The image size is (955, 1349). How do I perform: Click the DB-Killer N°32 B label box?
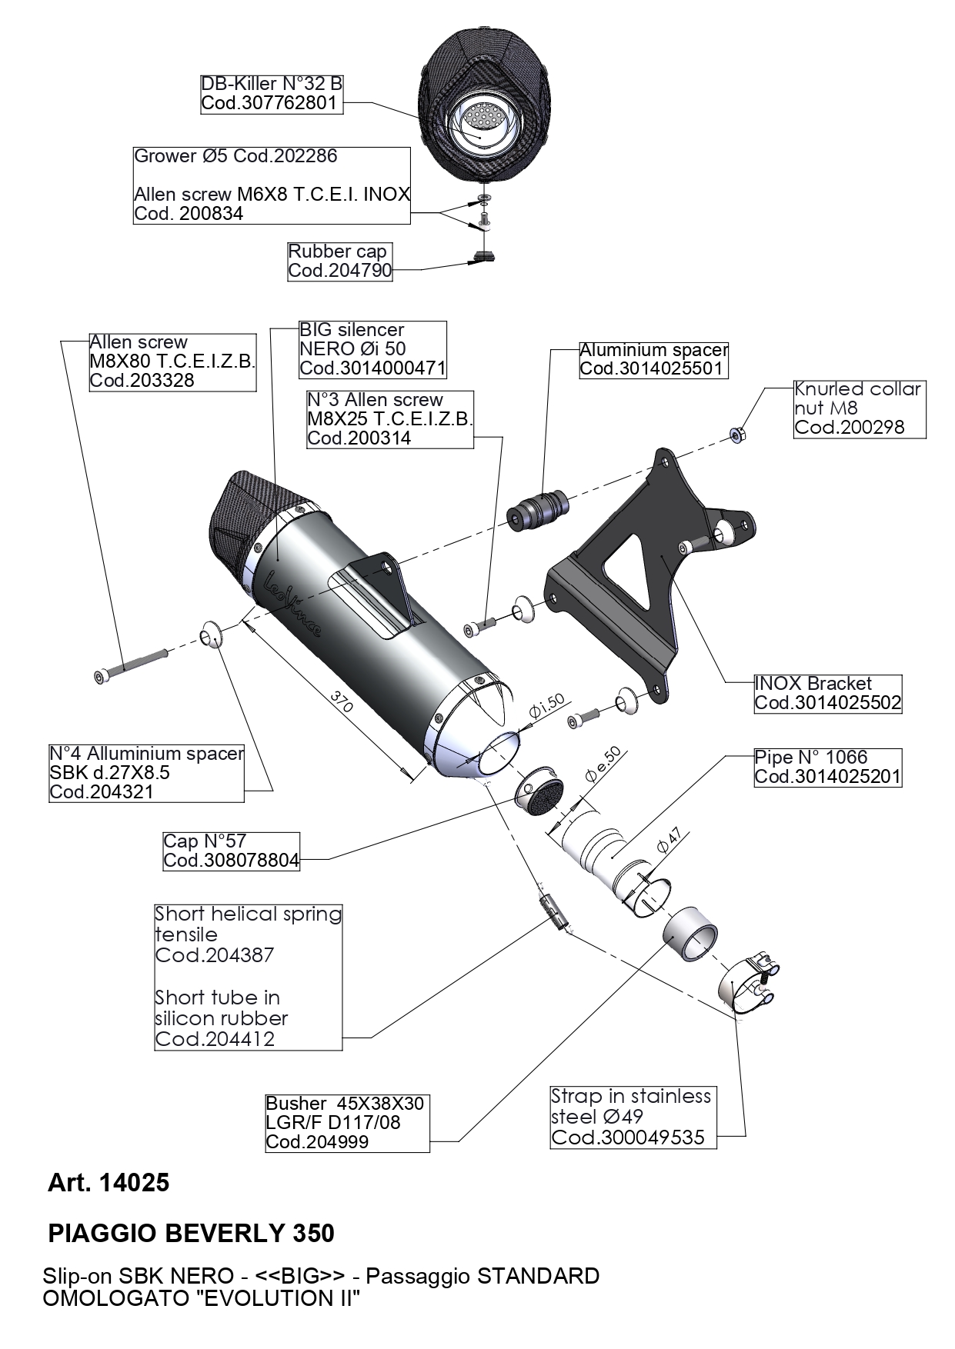point(271,94)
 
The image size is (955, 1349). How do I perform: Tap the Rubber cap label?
point(339,261)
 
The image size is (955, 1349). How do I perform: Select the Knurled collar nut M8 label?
point(859,408)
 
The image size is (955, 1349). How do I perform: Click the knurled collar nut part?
point(737,436)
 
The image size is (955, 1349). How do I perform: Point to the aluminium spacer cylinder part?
point(539,510)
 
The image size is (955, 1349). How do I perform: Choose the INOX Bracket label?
point(826,693)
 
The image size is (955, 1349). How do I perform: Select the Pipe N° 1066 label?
point(826,767)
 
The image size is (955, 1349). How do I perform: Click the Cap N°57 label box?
point(231,851)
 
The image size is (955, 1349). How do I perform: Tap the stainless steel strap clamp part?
point(749,982)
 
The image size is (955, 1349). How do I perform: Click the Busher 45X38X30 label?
point(346,1123)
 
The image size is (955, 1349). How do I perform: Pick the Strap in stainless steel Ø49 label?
point(633,1117)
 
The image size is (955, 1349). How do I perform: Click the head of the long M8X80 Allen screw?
point(101,676)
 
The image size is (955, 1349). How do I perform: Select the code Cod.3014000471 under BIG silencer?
point(372,368)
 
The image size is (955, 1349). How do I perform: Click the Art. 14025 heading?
point(109,1182)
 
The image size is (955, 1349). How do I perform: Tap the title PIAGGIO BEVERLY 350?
point(191,1233)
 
